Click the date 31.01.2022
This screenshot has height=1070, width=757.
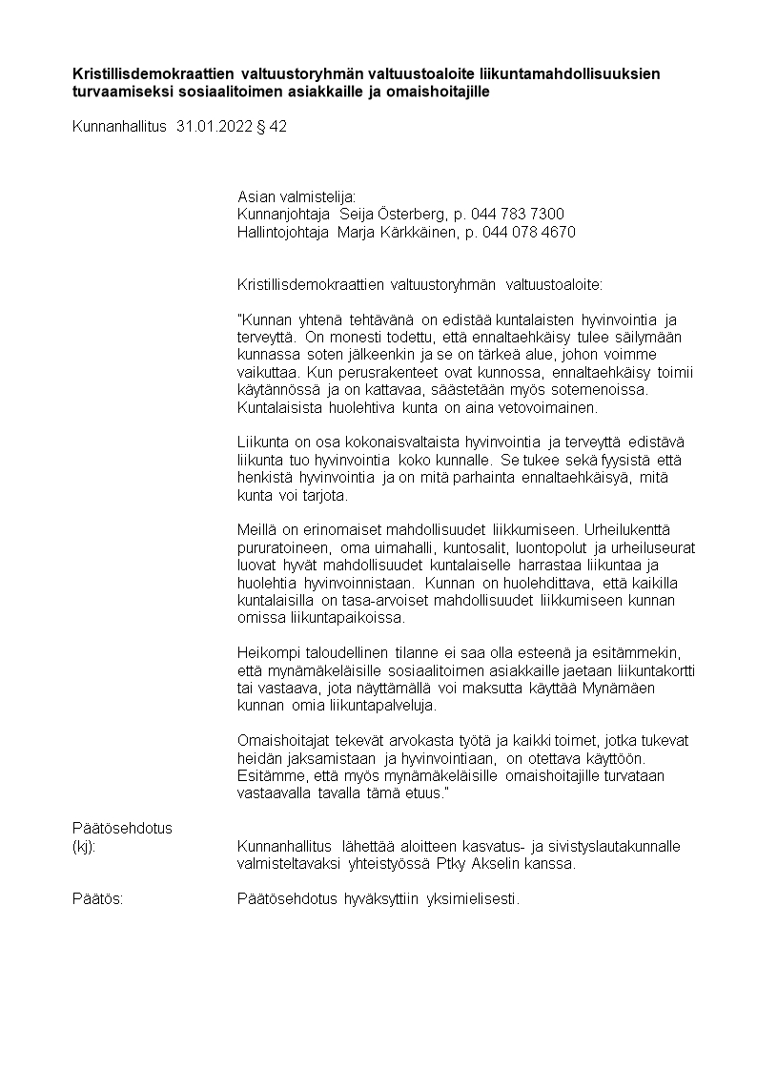pyautogui.click(x=214, y=126)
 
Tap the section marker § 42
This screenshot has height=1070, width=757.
pyautogui.click(x=272, y=126)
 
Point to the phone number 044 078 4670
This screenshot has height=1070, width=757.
pyautogui.click(x=529, y=232)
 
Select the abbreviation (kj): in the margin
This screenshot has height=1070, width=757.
pyautogui.click(x=84, y=846)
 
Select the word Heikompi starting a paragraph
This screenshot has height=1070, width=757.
pyautogui.click(x=267, y=653)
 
